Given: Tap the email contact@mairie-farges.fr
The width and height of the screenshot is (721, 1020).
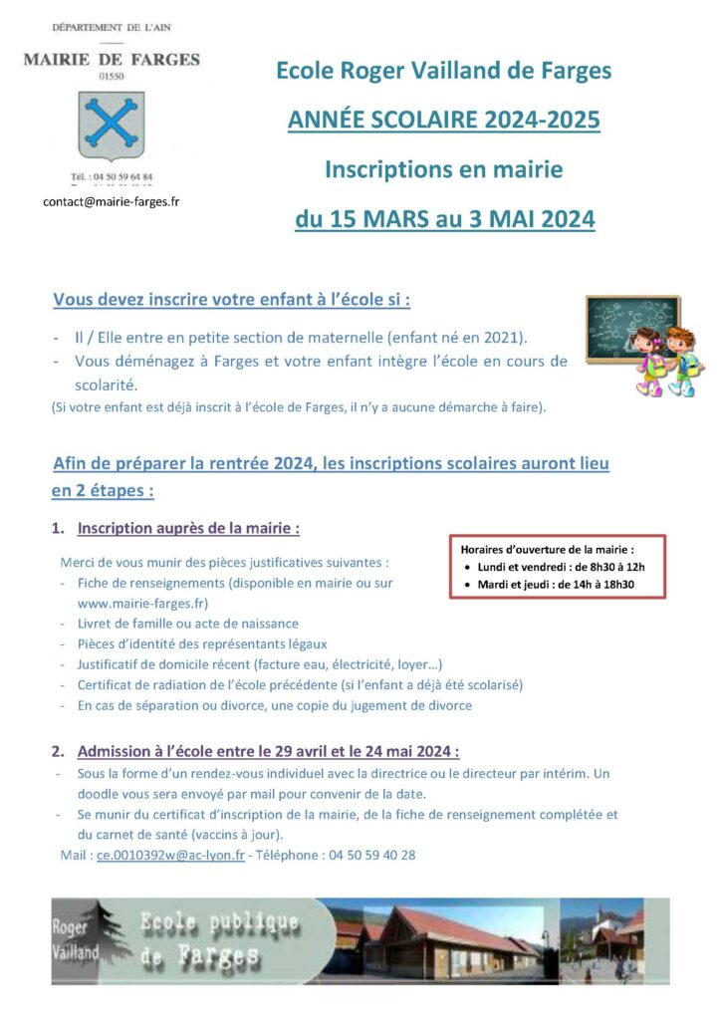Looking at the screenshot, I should click(x=111, y=200).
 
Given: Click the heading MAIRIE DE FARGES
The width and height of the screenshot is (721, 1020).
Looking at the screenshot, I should click(x=112, y=60).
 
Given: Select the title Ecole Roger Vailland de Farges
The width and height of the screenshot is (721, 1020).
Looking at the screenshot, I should click(x=443, y=71).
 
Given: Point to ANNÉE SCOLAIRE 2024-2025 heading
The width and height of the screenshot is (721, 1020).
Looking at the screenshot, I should click(x=443, y=121).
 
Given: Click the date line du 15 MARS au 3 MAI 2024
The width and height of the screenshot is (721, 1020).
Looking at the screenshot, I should click(x=444, y=218).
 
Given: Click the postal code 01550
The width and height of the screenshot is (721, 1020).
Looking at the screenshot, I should click(x=112, y=75).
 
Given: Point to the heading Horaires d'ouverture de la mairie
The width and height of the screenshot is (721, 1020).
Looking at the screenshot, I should click(x=547, y=548).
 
